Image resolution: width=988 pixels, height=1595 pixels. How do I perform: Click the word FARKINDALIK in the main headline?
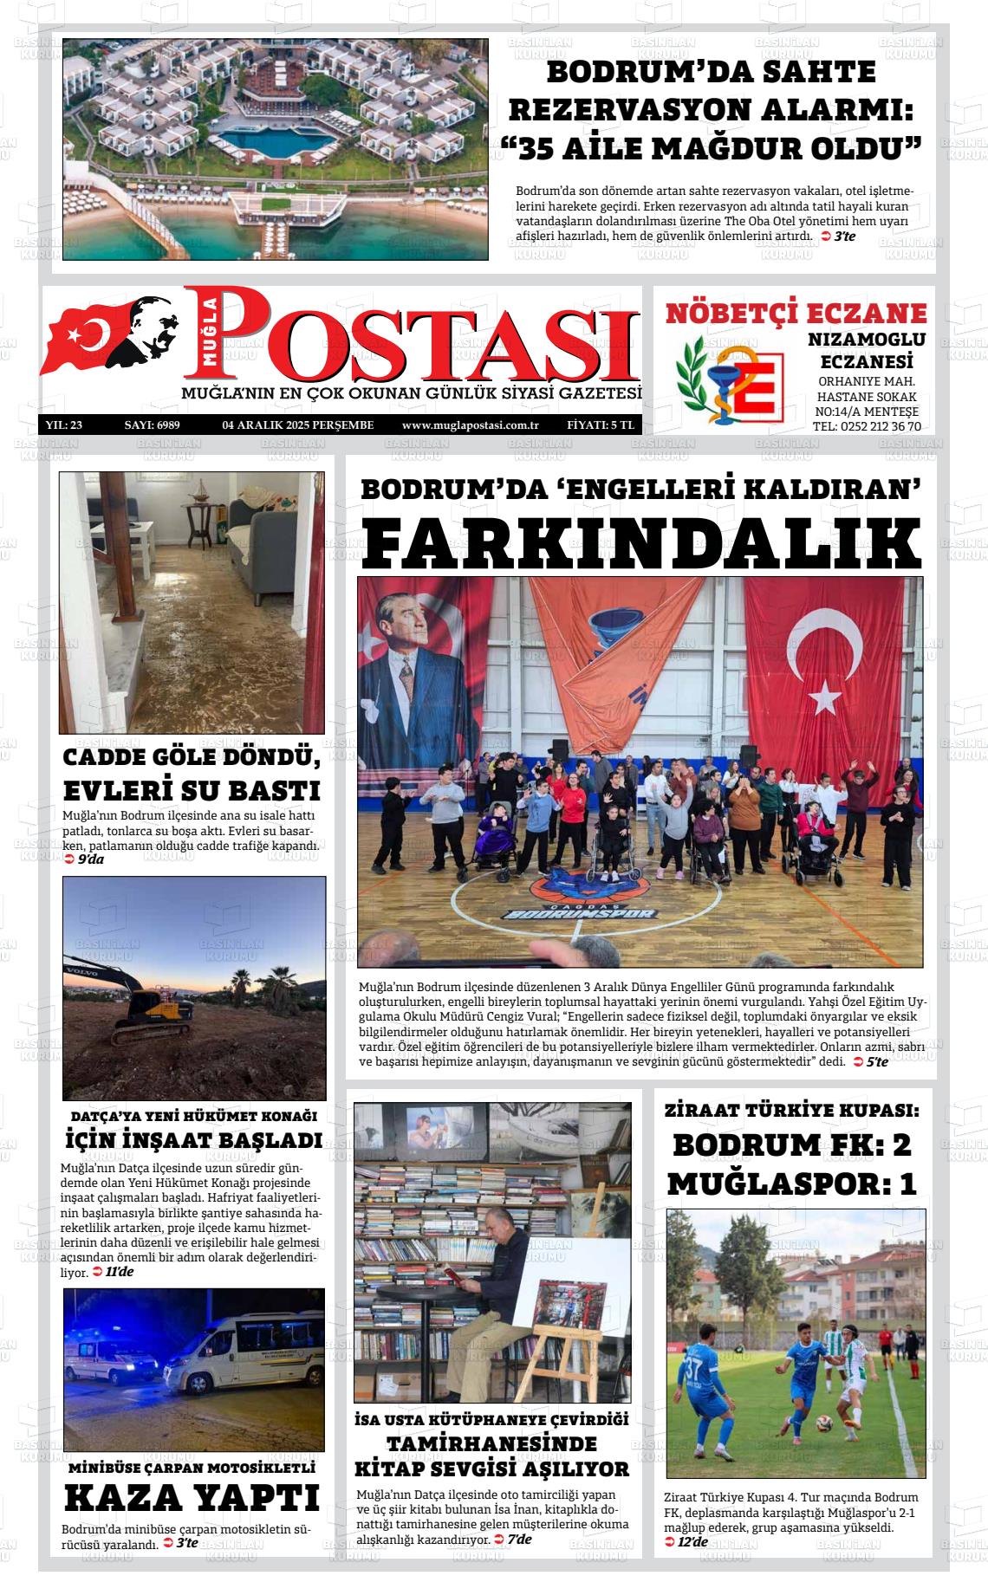click(x=642, y=542)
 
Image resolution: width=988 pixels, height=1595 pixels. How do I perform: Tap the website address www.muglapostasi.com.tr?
click(x=471, y=425)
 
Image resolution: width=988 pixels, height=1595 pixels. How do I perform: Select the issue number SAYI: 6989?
click(x=152, y=425)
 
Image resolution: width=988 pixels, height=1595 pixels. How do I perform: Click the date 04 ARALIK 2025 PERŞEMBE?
click(x=298, y=425)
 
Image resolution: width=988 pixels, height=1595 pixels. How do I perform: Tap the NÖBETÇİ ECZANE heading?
click(x=796, y=313)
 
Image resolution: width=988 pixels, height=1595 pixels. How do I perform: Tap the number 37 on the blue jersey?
click(x=692, y=1370)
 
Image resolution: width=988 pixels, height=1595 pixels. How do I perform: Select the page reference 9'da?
click(x=90, y=859)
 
